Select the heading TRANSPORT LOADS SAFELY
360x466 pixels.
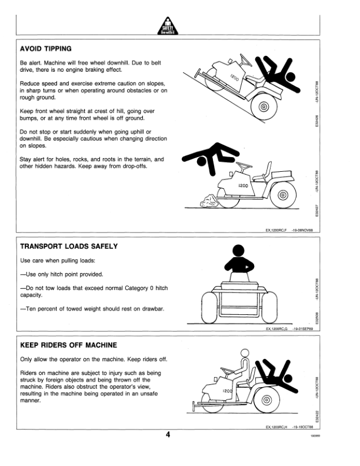pyautogui.click(x=69, y=247)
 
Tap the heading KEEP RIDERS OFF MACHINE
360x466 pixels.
pyautogui.click(x=68, y=345)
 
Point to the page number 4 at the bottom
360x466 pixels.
pyautogui.click(x=168, y=435)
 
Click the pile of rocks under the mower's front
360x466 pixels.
pyautogui.click(x=209, y=203)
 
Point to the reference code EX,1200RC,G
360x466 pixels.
pyautogui.click(x=279, y=329)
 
